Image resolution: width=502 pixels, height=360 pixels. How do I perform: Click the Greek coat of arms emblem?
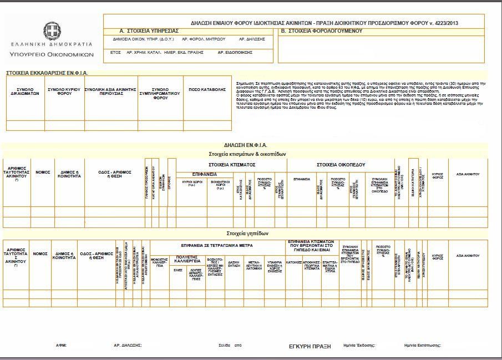[52, 30]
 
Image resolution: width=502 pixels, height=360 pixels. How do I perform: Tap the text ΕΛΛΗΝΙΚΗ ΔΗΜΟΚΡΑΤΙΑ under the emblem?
[52, 43]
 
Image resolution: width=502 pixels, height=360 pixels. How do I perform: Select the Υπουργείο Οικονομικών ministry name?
[52, 54]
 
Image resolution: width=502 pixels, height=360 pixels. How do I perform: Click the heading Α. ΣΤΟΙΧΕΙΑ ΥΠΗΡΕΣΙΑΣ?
[149, 31]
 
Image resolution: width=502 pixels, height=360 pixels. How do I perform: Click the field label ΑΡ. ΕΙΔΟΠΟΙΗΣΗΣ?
[235, 52]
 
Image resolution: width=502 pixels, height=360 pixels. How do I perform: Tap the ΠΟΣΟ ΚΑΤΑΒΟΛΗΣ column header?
[207, 89]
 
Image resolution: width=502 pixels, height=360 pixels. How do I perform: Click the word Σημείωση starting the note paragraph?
[245, 83]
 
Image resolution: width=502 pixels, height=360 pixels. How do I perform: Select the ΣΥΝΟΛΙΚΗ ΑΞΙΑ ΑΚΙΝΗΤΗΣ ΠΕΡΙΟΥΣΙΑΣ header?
[110, 92]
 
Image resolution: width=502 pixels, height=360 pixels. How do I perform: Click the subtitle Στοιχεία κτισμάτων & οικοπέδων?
[247, 154]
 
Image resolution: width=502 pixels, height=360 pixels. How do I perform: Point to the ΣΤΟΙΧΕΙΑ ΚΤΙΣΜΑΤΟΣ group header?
[231, 165]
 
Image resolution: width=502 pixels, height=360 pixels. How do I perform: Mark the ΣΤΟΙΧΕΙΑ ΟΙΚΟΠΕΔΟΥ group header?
[341, 165]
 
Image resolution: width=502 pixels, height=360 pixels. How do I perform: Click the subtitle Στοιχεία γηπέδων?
[247, 234]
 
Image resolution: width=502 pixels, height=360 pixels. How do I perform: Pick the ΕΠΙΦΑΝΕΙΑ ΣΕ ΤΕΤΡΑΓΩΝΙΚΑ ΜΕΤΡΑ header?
[217, 245]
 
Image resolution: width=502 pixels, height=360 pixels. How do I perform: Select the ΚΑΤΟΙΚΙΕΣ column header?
[293, 262]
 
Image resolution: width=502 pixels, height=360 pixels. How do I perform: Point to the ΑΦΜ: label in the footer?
[61, 346]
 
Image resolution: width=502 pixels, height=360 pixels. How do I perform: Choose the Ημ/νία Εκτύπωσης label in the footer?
[423, 346]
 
